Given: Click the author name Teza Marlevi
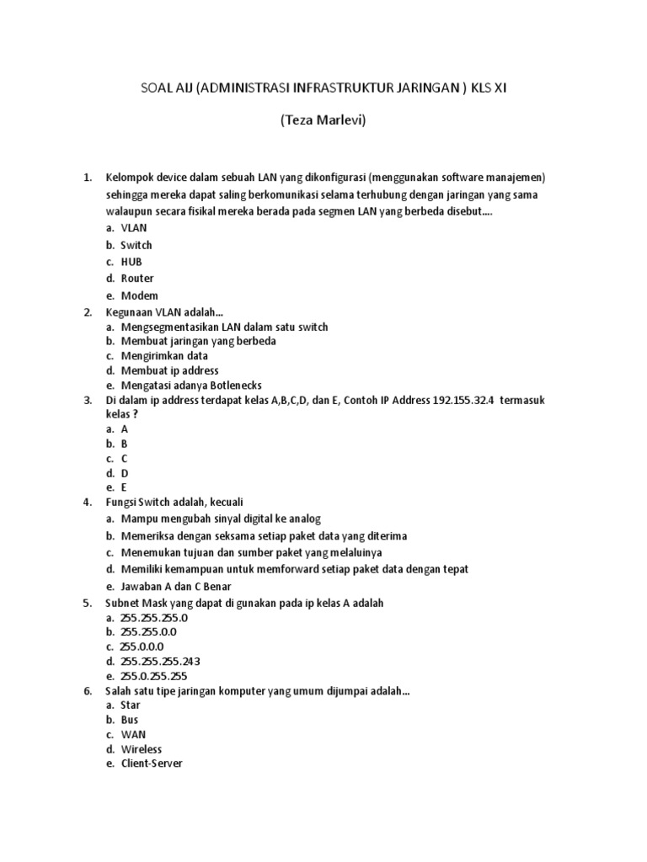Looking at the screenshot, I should [323, 121].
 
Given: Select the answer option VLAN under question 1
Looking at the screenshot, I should [134, 228].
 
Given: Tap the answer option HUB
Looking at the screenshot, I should [131, 262].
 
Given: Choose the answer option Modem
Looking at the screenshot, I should [139, 295].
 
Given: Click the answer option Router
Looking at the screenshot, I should [137, 279].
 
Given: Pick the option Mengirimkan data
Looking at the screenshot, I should [164, 356].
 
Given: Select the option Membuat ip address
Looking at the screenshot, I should [169, 370].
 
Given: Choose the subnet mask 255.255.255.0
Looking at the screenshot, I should [154, 617].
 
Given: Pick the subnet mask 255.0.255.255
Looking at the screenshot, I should [154, 676].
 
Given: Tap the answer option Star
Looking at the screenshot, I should [131, 705].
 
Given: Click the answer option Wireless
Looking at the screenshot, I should [142, 749].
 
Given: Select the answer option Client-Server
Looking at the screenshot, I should [152, 764].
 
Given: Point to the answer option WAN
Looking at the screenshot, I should [133, 735].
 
